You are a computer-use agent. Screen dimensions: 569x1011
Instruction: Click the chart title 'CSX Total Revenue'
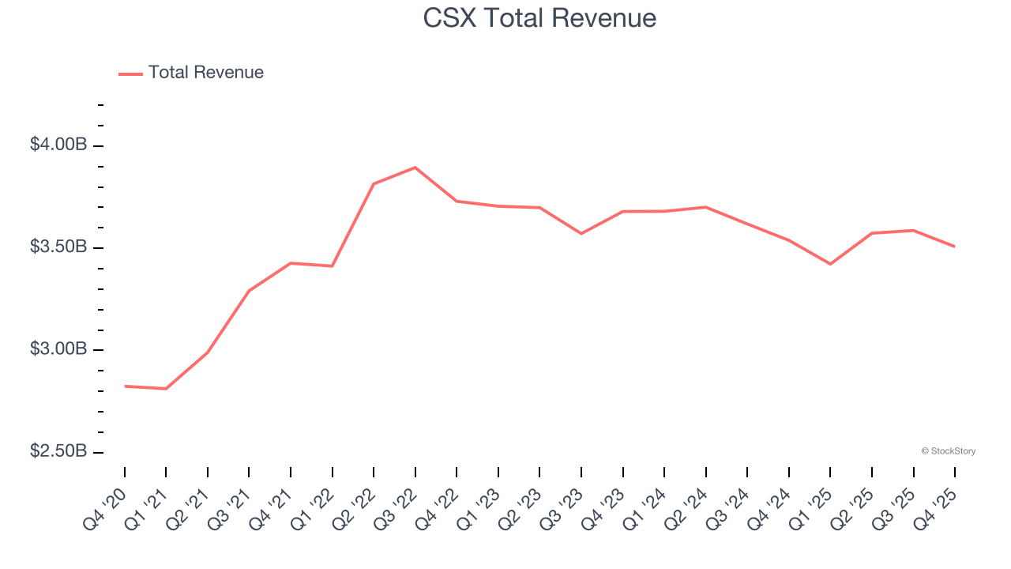539,17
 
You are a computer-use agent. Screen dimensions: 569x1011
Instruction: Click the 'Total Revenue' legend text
205,73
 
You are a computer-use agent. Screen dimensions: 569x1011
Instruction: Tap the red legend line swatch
130,73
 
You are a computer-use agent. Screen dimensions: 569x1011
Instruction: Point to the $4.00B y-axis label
58,145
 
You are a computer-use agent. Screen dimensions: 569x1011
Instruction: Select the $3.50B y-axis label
58,247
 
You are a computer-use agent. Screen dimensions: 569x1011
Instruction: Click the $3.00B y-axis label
58,349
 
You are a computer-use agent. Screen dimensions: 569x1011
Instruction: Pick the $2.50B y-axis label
58,450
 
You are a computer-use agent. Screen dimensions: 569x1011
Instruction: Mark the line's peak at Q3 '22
415,168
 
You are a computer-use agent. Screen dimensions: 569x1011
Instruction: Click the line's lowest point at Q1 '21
166,389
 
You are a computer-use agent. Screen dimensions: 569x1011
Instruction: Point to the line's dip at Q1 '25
830,264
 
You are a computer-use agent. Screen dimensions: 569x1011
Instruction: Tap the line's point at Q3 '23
581,233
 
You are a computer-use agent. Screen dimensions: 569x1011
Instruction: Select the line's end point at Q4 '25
954,247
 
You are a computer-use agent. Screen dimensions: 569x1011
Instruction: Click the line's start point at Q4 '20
125,386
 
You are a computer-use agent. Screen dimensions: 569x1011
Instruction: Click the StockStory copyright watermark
948,451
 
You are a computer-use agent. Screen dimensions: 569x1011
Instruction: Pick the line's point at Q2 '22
374,184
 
